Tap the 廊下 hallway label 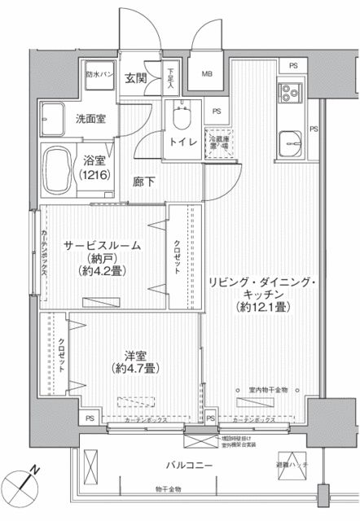144,180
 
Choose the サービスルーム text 104,244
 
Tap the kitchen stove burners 290,96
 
